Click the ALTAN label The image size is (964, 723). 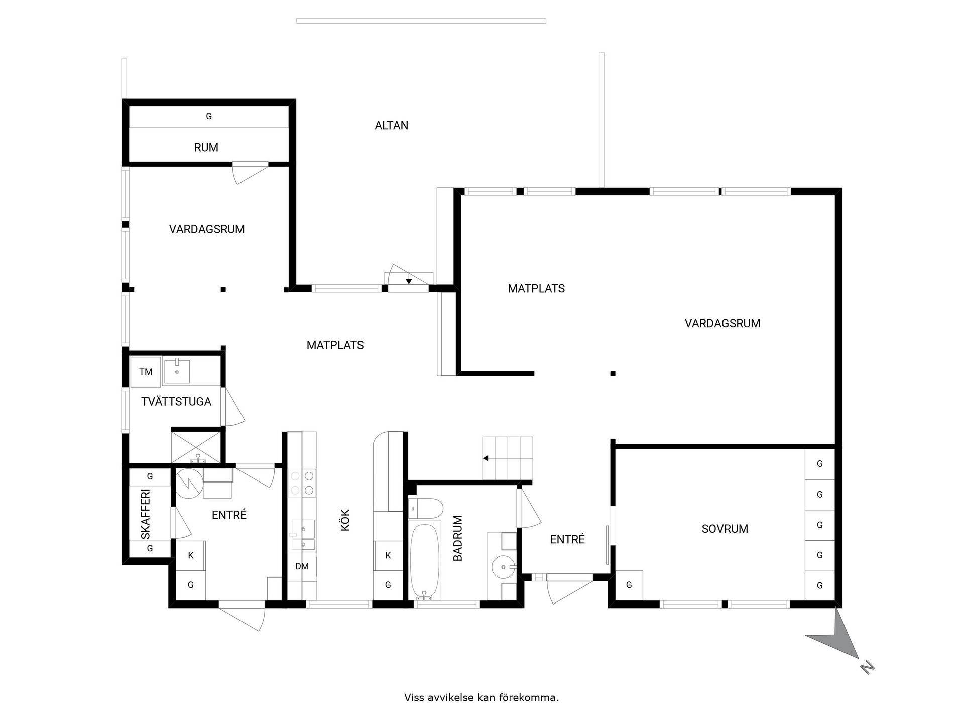[391, 125]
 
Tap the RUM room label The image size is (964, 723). [206, 148]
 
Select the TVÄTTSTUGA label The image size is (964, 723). [176, 402]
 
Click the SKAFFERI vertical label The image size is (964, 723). [146, 514]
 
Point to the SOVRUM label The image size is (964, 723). [725, 529]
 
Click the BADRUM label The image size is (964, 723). [457, 538]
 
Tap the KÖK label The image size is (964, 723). [345, 520]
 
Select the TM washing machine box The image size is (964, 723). [146, 372]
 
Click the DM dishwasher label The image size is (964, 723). [302, 566]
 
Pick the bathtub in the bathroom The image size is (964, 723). [425, 562]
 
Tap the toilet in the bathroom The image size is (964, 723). [426, 508]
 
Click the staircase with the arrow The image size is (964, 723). [508, 458]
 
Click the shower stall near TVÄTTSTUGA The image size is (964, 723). [196, 446]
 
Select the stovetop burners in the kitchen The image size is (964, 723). [303, 483]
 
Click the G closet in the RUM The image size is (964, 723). [209, 116]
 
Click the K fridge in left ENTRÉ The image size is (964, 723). [191, 555]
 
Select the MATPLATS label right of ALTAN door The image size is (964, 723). [536, 289]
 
